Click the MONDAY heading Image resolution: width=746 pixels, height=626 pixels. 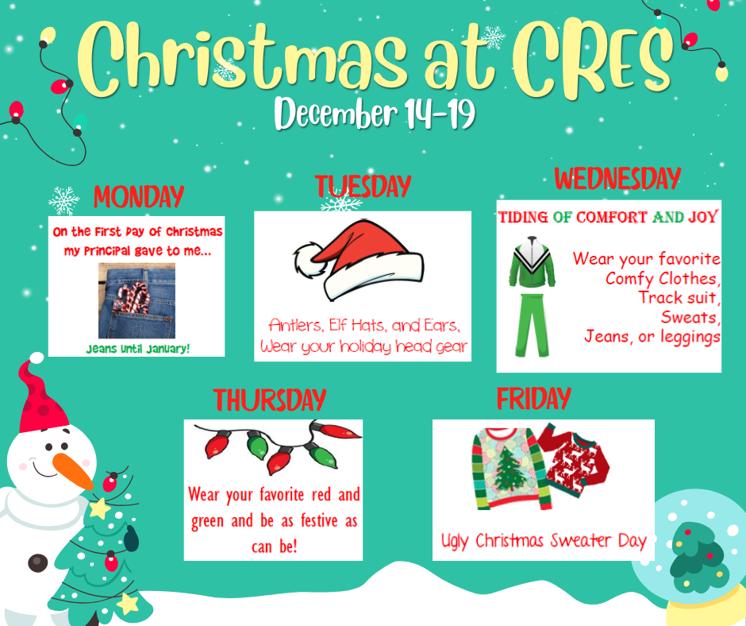coord(139,196)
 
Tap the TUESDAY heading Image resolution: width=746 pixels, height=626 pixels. coord(363,186)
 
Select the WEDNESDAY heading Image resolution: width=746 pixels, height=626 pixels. coord(617,178)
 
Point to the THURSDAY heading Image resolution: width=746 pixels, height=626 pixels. coord(269,400)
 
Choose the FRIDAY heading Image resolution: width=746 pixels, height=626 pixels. coord(533,398)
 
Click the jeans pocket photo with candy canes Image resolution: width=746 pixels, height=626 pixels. coord(137,300)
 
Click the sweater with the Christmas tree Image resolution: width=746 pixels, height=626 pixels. coord(505,469)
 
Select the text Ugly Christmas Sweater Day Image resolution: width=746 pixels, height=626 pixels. coord(544,541)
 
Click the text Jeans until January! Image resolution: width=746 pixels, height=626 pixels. coord(138,348)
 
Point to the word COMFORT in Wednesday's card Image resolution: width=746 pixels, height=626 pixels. coord(611,217)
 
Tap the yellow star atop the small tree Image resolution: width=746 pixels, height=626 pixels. coord(100,508)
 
